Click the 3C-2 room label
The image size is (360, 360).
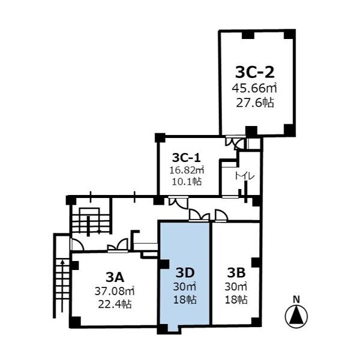click(255, 73)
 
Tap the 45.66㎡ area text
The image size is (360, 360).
click(254, 88)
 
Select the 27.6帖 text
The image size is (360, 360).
click(255, 103)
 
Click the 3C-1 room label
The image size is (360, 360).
click(187, 158)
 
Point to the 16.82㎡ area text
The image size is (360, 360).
click(187, 170)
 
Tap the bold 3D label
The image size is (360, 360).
click(185, 273)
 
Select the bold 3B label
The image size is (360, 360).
click(236, 273)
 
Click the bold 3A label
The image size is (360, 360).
click(115, 278)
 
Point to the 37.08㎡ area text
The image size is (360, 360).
click(115, 292)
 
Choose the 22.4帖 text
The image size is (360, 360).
click(115, 305)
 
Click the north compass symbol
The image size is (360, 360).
click(296, 317)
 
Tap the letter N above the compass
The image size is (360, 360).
click(296, 299)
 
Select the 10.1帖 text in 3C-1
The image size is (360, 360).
click(187, 182)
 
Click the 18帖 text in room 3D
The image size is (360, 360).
click(185, 299)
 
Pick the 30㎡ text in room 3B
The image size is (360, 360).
click(236, 287)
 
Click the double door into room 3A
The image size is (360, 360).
click(118, 245)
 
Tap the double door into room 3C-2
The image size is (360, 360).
click(235, 142)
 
